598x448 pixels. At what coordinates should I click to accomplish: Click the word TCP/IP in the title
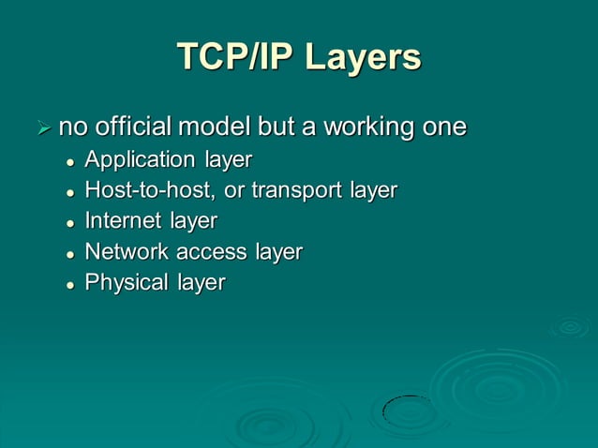point(230,57)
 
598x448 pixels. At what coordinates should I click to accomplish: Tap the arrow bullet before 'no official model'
point(41,127)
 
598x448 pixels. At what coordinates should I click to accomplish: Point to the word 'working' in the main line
point(369,127)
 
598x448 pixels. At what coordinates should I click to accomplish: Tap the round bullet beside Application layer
point(70,161)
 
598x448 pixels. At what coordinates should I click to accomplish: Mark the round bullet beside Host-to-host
point(70,192)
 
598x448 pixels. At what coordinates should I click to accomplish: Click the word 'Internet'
point(123,221)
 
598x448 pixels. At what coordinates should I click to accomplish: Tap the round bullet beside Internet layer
point(70,223)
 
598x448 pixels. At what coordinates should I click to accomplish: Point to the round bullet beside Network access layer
point(70,254)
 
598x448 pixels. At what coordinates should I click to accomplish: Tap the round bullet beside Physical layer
point(70,284)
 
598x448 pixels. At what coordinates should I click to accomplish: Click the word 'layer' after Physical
point(202,283)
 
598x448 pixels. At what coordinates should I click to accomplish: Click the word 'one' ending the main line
point(443,127)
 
